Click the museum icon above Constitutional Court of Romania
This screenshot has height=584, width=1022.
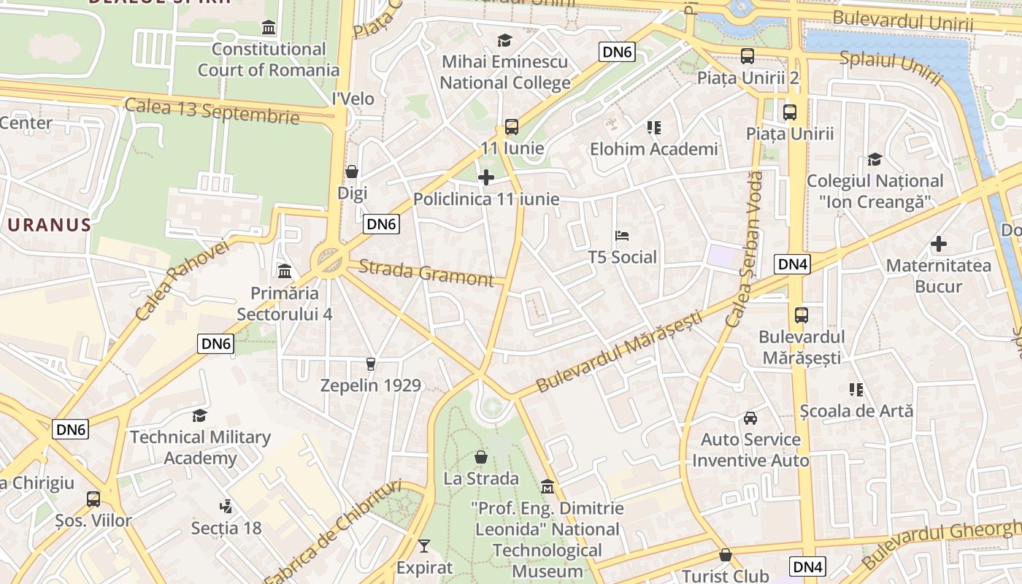point(269,28)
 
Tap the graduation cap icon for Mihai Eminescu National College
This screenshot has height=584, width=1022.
point(504,40)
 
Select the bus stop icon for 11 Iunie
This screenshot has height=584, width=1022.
point(512,127)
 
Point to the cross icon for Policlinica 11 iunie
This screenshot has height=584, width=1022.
point(486,177)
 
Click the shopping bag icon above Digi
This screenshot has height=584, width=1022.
point(352,172)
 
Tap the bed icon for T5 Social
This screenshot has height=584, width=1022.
point(622,236)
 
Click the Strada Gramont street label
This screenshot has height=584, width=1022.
point(426,273)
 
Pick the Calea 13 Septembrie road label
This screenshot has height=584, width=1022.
point(212,110)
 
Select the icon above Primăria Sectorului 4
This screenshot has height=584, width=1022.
point(285,272)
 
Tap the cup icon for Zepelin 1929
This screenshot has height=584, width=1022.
point(371,364)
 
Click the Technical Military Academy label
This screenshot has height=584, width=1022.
point(200,447)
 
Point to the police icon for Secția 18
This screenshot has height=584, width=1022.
point(226,506)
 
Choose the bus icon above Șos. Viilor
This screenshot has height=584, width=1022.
point(93,499)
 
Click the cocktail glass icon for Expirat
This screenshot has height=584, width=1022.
point(424,545)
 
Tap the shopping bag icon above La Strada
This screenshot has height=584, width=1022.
point(481,458)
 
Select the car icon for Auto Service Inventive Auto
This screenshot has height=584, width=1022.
point(750,418)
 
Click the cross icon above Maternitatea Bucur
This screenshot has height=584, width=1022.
point(939,244)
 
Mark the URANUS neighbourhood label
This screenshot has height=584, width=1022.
point(49,225)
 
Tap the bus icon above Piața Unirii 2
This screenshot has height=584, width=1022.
point(748,56)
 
